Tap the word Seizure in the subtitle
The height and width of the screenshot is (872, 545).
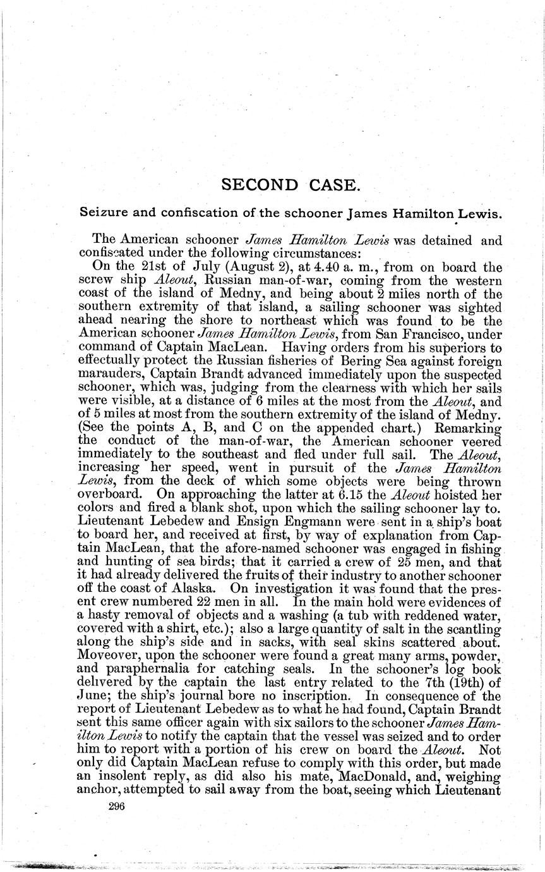pos(101,213)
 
